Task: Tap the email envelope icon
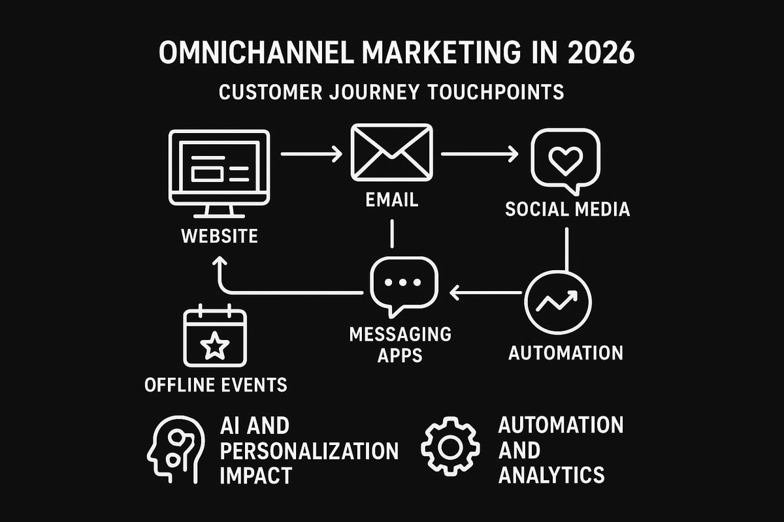[391, 153]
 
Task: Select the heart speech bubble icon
[565, 160]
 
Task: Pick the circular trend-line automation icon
[557, 301]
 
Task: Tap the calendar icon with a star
[215, 337]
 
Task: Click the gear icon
[450, 447]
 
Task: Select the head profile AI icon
[175, 449]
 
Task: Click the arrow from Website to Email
[311, 155]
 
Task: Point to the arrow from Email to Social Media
[480, 155]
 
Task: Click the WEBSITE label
[220, 236]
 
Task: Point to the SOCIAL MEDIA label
[567, 209]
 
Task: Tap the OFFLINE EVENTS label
[216, 384]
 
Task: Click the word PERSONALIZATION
[309, 450]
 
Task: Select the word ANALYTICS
[551, 474]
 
